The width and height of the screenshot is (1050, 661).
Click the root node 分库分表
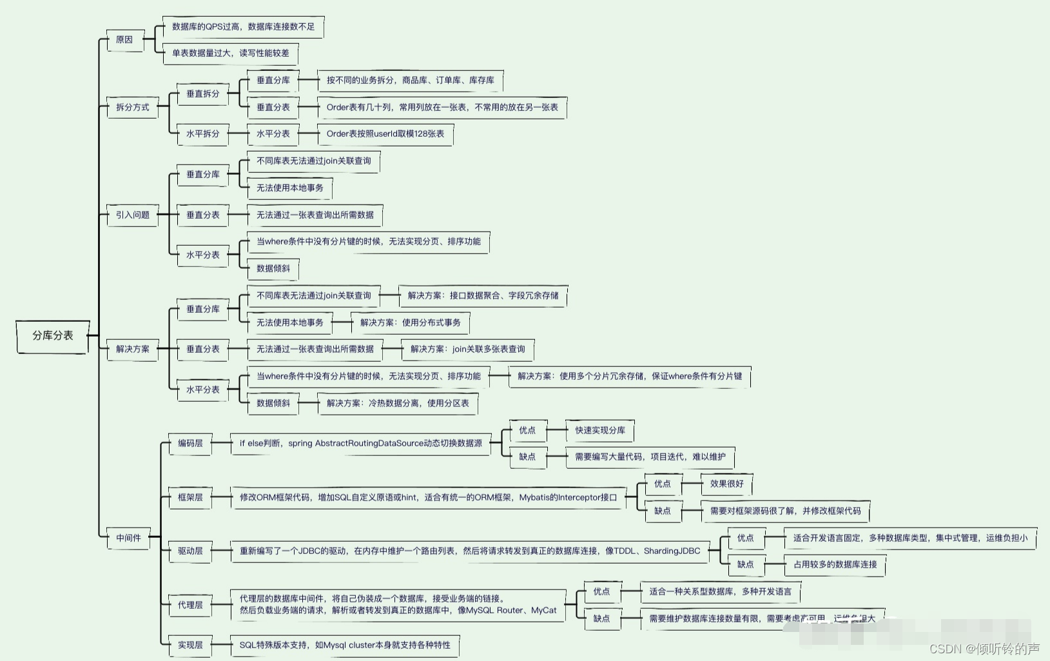point(53,336)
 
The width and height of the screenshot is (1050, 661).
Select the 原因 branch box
point(124,40)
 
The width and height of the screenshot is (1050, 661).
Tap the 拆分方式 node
point(132,107)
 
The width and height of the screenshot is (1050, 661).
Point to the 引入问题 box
point(132,215)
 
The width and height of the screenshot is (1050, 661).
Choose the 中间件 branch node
point(128,538)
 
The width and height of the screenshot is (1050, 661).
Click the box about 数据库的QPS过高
point(243,27)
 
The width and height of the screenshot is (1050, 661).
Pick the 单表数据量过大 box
point(230,54)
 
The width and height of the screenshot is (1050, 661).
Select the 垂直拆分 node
point(202,94)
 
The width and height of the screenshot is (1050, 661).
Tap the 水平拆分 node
point(202,134)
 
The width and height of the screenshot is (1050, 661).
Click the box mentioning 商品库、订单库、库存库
point(410,81)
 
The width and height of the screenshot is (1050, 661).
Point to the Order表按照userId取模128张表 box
point(385,134)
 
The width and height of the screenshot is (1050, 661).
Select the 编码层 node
point(190,444)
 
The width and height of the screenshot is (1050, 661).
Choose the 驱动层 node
point(190,551)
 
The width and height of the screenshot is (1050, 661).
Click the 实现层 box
point(190,645)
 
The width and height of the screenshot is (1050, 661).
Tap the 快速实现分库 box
point(600,430)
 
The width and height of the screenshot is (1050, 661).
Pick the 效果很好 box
point(726,484)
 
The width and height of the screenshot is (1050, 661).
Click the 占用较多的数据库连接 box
point(835,565)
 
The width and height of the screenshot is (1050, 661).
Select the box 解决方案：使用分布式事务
point(410,322)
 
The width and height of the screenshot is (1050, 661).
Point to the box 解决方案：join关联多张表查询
point(467,350)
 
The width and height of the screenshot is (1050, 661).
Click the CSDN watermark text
point(984,649)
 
